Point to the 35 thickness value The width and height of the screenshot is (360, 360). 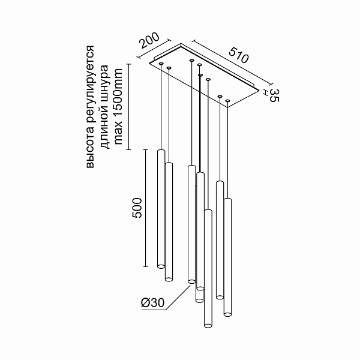click(x=274, y=94)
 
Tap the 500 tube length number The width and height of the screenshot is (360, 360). click(x=137, y=208)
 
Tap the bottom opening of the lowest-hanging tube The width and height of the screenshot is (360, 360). click(x=208, y=325)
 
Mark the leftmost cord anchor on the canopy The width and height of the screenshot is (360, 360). click(x=161, y=62)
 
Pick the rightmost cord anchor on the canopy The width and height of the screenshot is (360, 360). click(x=227, y=100)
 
